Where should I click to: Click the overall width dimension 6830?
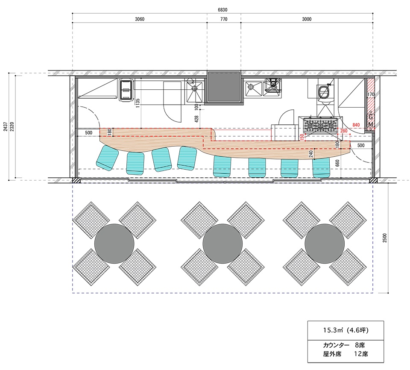(x=223, y=10)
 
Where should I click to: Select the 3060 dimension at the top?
(x=140, y=19)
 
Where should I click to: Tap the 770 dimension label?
(x=224, y=19)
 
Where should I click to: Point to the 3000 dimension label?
(x=307, y=19)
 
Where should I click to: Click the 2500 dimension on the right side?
(x=385, y=238)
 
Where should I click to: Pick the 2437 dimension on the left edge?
(x=6, y=126)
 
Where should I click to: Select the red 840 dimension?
(x=356, y=125)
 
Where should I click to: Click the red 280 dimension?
(x=344, y=131)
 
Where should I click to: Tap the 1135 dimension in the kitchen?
(x=138, y=103)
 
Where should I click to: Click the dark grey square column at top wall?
(x=224, y=87)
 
